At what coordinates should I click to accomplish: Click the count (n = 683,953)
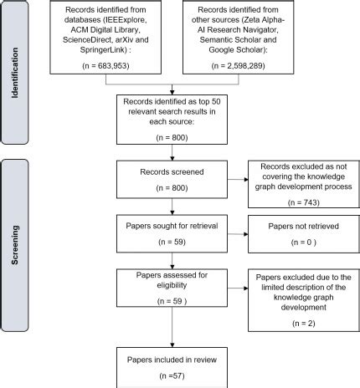click(105, 66)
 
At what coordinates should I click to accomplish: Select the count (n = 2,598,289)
click(239, 66)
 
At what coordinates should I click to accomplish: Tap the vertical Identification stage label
click(15, 73)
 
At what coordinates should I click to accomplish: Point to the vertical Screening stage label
click(15, 245)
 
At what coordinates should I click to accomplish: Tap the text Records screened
click(172, 172)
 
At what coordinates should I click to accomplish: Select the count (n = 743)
click(304, 202)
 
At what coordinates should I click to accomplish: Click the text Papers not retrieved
click(304, 226)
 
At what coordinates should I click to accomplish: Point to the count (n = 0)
click(304, 242)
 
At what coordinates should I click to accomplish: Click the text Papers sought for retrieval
click(172, 226)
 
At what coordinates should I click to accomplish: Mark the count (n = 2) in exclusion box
click(304, 324)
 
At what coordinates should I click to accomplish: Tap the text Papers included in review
click(172, 360)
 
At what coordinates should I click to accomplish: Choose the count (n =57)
click(172, 375)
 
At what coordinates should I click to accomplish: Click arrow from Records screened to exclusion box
click(238, 179)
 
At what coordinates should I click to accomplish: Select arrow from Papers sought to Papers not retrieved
click(238, 234)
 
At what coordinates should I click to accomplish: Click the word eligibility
click(172, 285)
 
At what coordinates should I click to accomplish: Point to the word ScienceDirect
click(87, 40)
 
